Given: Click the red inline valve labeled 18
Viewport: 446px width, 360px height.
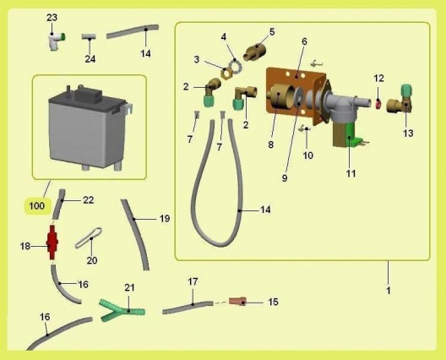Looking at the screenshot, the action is point(52,243).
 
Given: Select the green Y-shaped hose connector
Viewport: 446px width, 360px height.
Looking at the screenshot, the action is point(122,310).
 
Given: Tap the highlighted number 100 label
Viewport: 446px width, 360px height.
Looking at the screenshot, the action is point(37,205).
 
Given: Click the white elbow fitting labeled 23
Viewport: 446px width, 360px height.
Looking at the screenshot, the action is point(57,41).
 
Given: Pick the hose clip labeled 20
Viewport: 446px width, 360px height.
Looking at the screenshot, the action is point(89,237).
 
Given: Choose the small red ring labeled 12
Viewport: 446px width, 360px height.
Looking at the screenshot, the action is point(378,104).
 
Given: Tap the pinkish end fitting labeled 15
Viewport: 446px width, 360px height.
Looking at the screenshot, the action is point(238,302).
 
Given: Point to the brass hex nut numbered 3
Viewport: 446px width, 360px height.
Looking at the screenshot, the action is point(226,74).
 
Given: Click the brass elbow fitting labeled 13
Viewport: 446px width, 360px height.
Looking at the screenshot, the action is point(400,102).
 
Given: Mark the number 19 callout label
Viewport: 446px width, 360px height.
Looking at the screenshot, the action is point(165,219).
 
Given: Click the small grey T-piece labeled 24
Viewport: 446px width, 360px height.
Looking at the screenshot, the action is point(89,36).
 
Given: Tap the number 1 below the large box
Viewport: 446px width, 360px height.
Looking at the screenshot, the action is point(389,291).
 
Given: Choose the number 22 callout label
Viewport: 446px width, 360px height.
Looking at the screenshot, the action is point(88,200).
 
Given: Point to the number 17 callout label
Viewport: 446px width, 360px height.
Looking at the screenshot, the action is point(193,281).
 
